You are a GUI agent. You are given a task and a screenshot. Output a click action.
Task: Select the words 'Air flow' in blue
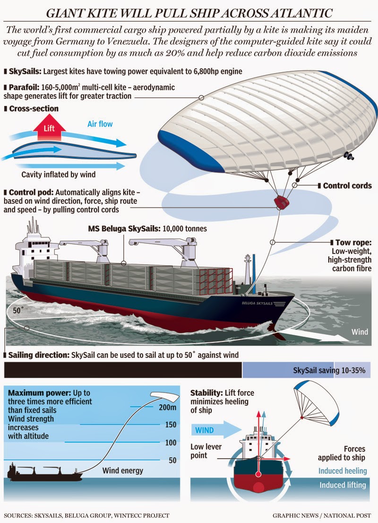coord(100,124)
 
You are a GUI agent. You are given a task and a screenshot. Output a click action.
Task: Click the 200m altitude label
coord(167,407)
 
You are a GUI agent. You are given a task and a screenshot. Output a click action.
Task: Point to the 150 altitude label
coord(171,425)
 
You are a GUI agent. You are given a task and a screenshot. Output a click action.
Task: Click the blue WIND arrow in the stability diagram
coord(216,429)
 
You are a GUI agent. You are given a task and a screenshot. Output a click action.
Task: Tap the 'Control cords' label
coord(347,186)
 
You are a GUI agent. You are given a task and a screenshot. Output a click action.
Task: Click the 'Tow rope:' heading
coord(353,243)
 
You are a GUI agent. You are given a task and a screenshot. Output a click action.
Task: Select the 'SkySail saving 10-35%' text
coord(329,370)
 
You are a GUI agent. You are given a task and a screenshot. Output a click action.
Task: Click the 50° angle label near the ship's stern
coord(17,311)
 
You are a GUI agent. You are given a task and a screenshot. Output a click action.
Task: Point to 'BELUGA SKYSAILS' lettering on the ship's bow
coord(257,303)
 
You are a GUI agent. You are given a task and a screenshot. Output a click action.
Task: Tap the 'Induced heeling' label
coord(343,471)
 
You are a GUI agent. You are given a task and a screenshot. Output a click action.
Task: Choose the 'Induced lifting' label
coord(343,485)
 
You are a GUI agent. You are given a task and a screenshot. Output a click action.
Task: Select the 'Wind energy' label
coord(123,471)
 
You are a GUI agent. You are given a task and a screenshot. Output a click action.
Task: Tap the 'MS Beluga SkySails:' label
coord(124,229)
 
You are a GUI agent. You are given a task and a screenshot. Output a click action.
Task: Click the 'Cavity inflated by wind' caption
coord(58,174)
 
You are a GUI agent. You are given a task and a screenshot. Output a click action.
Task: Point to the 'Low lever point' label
coord(206,451)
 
